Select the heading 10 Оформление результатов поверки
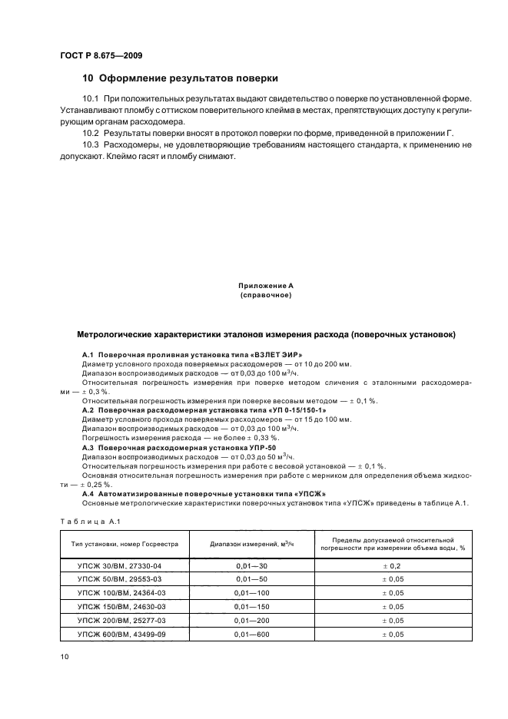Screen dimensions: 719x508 pyautogui.click(x=180, y=78)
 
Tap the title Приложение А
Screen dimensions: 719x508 pyautogui.click(x=265, y=286)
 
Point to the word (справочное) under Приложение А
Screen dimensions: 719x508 pyautogui.click(x=265, y=295)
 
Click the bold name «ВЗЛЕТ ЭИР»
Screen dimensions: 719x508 pyautogui.click(x=249, y=353)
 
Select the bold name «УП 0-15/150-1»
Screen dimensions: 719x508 pyautogui.click(x=262, y=410)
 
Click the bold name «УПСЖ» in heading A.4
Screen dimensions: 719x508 pyautogui.click(x=310, y=493)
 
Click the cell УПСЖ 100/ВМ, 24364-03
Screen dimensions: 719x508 pyautogui.click(x=125, y=593)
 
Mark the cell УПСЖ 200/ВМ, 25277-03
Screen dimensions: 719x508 pyautogui.click(x=125, y=621)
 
